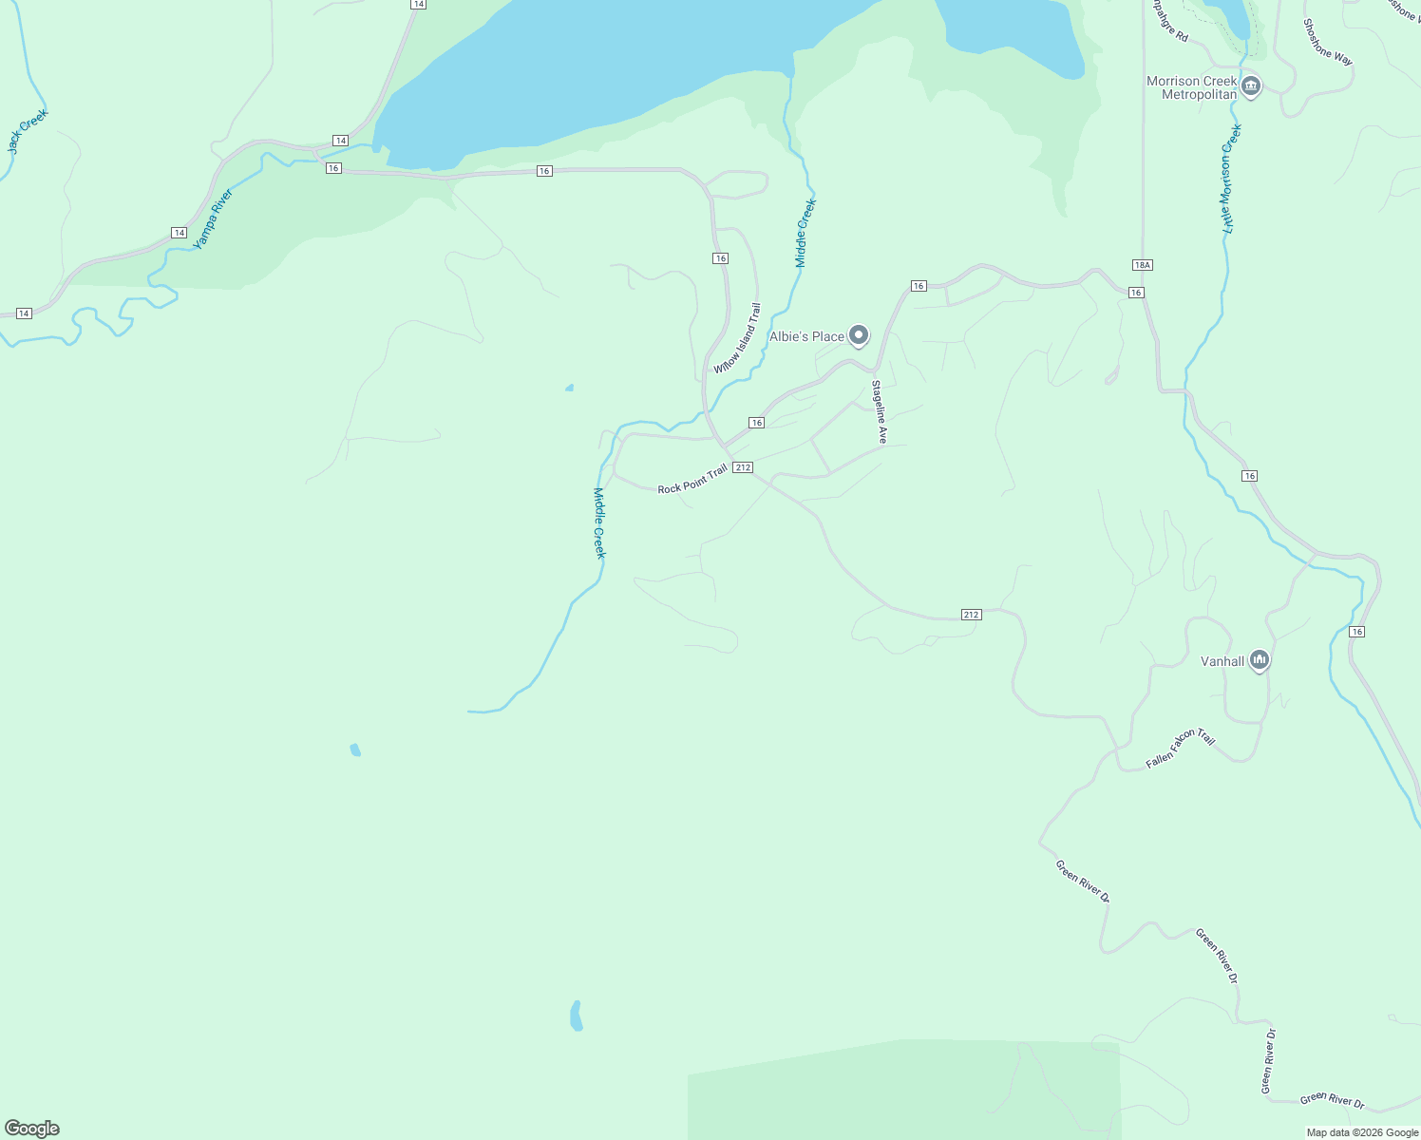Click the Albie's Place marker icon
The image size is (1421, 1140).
click(859, 334)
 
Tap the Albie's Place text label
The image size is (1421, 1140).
click(806, 336)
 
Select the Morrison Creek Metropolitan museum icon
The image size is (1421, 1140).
click(1251, 87)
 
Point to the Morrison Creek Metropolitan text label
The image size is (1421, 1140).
click(1192, 88)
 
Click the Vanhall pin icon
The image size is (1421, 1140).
click(1260, 659)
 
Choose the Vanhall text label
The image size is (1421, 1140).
click(1222, 661)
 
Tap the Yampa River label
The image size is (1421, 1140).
click(213, 219)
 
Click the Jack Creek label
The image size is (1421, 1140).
click(28, 131)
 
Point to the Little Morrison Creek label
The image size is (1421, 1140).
click(1232, 179)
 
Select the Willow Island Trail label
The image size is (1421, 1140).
click(738, 338)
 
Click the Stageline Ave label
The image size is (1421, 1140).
click(880, 412)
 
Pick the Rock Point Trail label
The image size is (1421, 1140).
click(692, 479)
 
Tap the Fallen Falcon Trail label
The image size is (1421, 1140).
click(1180, 749)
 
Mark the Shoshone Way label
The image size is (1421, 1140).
click(1327, 43)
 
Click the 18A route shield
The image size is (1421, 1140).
click(1142, 265)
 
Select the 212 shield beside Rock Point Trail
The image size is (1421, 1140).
click(743, 467)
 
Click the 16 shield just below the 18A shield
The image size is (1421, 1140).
click(1136, 293)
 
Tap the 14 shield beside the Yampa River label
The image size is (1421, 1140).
click(179, 233)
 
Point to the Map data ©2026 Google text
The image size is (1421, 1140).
click(1361, 1132)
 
